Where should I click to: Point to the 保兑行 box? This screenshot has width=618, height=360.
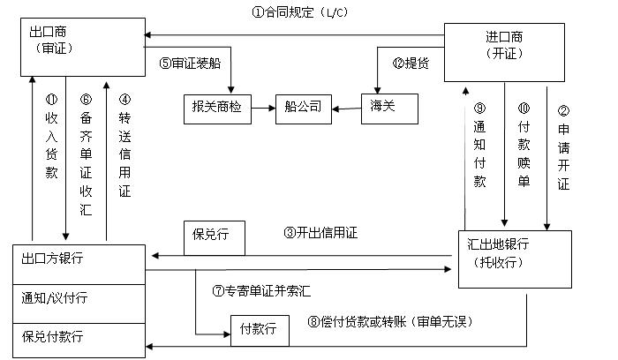[x=213, y=235]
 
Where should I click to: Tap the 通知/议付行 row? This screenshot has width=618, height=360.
[x=80, y=298]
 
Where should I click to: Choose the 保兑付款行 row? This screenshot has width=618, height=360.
[x=80, y=339]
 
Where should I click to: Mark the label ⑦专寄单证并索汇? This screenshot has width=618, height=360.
[x=262, y=290]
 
